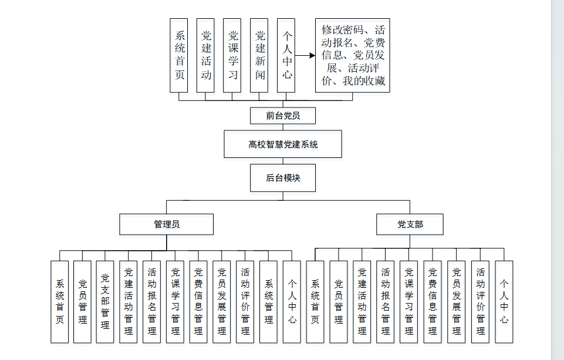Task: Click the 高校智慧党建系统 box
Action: pos(282,144)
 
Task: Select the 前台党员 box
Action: pos(282,116)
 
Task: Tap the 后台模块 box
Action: pos(282,177)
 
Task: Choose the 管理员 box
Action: pos(166,224)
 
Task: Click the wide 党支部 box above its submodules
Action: pos(410,224)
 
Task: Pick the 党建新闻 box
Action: pos(259,55)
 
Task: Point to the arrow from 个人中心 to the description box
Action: pos(305,56)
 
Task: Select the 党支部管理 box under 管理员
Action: pos(105,302)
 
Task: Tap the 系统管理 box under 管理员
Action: pos(268,302)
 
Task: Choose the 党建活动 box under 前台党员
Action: pos(205,55)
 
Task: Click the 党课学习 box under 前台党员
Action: pos(232,55)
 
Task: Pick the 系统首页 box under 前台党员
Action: pos(179,55)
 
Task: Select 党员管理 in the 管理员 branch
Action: pos(82,302)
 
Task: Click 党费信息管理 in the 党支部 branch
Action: pos(433,302)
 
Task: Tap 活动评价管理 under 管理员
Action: pos(245,302)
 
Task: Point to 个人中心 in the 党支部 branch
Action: pos(504,302)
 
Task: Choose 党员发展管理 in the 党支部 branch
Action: pos(456,302)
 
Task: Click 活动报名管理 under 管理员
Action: pos(151,302)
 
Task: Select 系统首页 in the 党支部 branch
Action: pos(315,302)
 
